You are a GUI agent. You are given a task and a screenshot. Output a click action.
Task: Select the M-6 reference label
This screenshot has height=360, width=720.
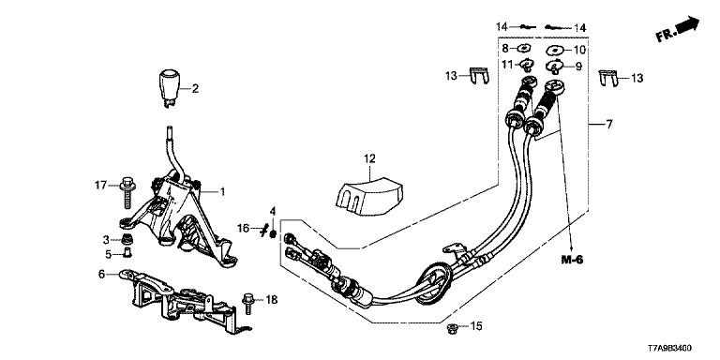click(572, 260)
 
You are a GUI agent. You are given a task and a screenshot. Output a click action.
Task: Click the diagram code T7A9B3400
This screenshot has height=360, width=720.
click(669, 349)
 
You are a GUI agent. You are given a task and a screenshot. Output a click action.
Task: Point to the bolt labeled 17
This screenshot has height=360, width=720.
click(127, 192)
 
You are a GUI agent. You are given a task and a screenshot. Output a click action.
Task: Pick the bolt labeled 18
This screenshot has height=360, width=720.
click(247, 303)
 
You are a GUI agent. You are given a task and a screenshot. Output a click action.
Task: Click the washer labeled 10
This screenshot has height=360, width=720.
click(555, 50)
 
